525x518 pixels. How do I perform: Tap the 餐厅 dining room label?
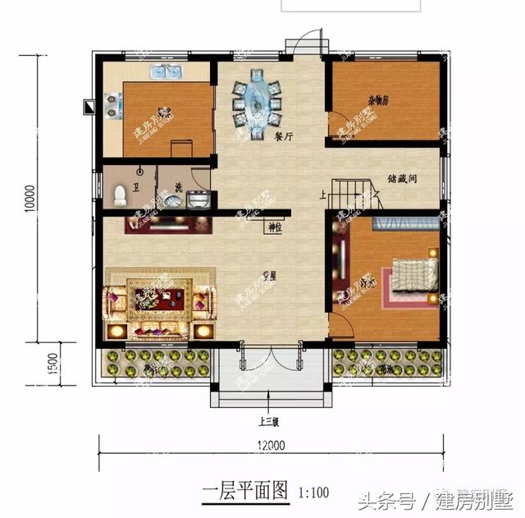click(x=285, y=138)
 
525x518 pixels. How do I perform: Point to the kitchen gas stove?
click(x=110, y=106)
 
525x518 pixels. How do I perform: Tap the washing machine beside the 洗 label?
click(x=198, y=199)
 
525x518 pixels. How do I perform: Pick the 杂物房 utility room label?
click(x=377, y=101)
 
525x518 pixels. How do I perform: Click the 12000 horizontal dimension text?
click(x=269, y=447)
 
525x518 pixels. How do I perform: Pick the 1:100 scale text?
click(x=314, y=493)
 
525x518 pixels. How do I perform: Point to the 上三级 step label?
click(x=269, y=424)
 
